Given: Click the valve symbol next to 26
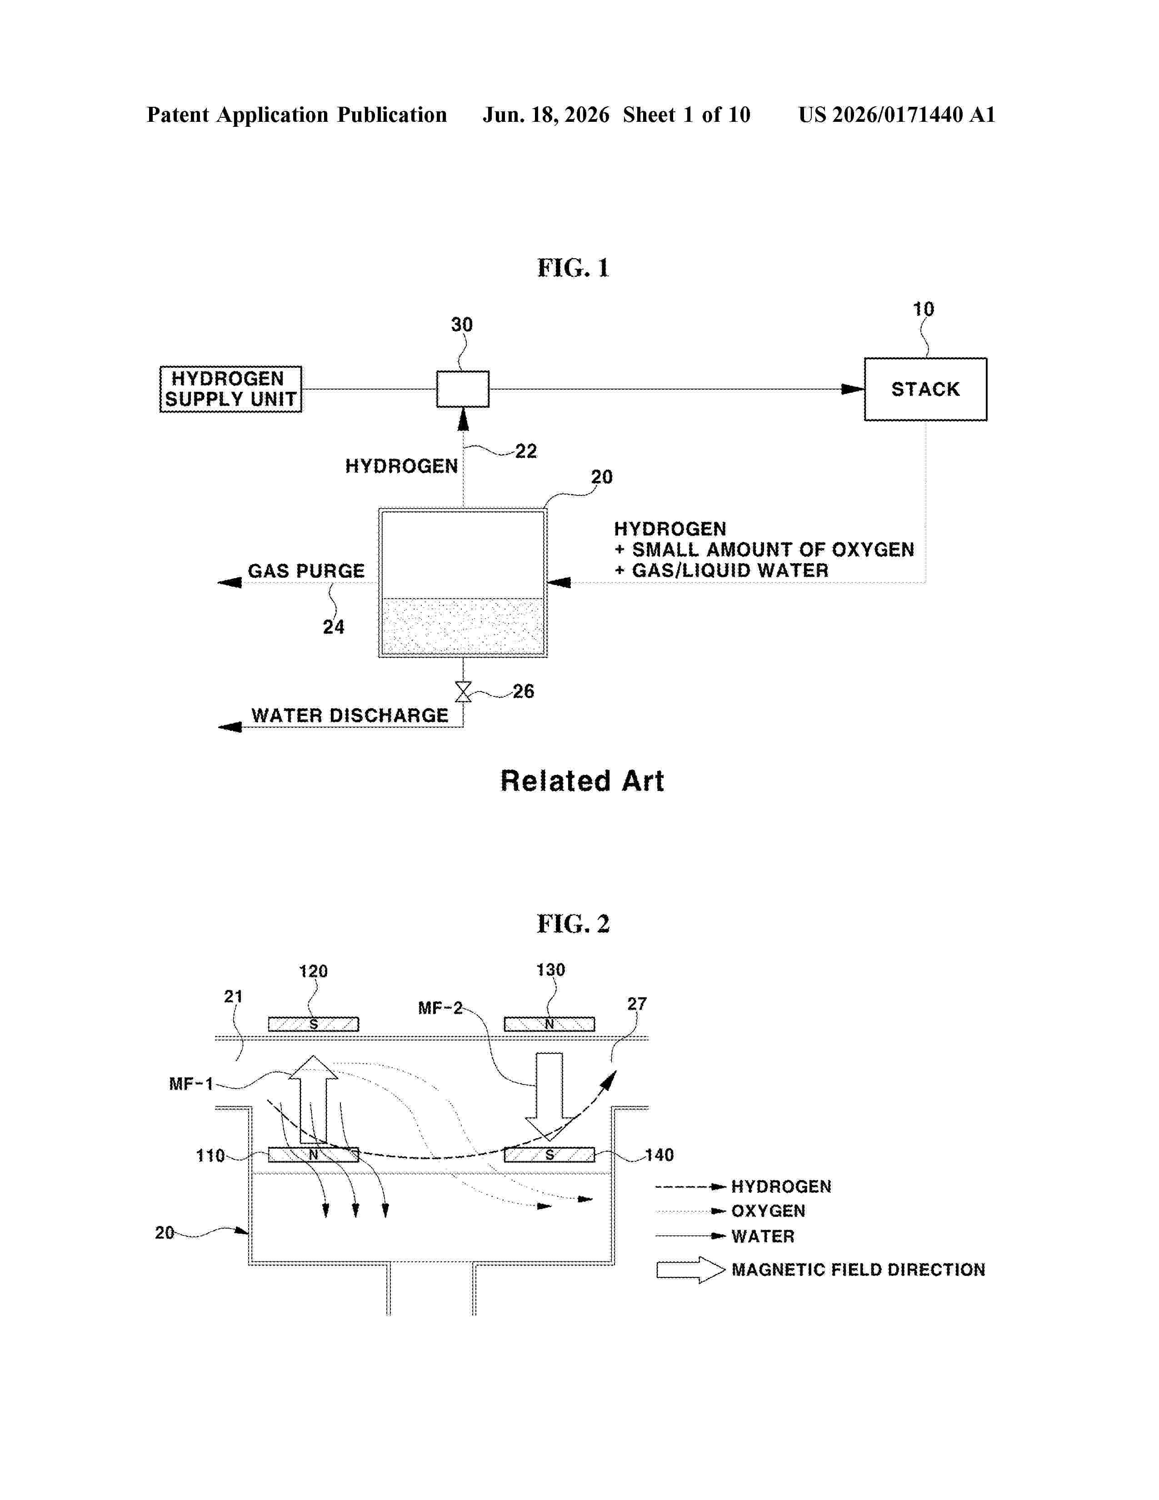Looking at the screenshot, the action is click(464, 692).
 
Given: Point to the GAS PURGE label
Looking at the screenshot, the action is click(306, 571).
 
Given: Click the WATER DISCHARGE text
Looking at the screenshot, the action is click(350, 715).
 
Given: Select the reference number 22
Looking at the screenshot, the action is click(526, 451).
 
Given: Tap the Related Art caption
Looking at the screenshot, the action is click(582, 781).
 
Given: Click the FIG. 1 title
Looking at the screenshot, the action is click(573, 268).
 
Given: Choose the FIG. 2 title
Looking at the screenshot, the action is click(573, 924).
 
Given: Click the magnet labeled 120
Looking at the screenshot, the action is click(313, 1024).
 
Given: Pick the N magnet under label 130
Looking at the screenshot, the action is click(550, 1024).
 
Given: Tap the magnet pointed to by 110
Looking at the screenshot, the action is click(313, 1155).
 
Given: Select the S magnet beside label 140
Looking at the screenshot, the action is click(550, 1155).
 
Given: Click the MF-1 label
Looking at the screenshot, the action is click(191, 1084).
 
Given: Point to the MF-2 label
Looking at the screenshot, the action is click(440, 1008).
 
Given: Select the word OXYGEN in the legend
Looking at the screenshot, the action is click(768, 1211).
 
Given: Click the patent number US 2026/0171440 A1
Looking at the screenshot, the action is click(897, 115).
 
